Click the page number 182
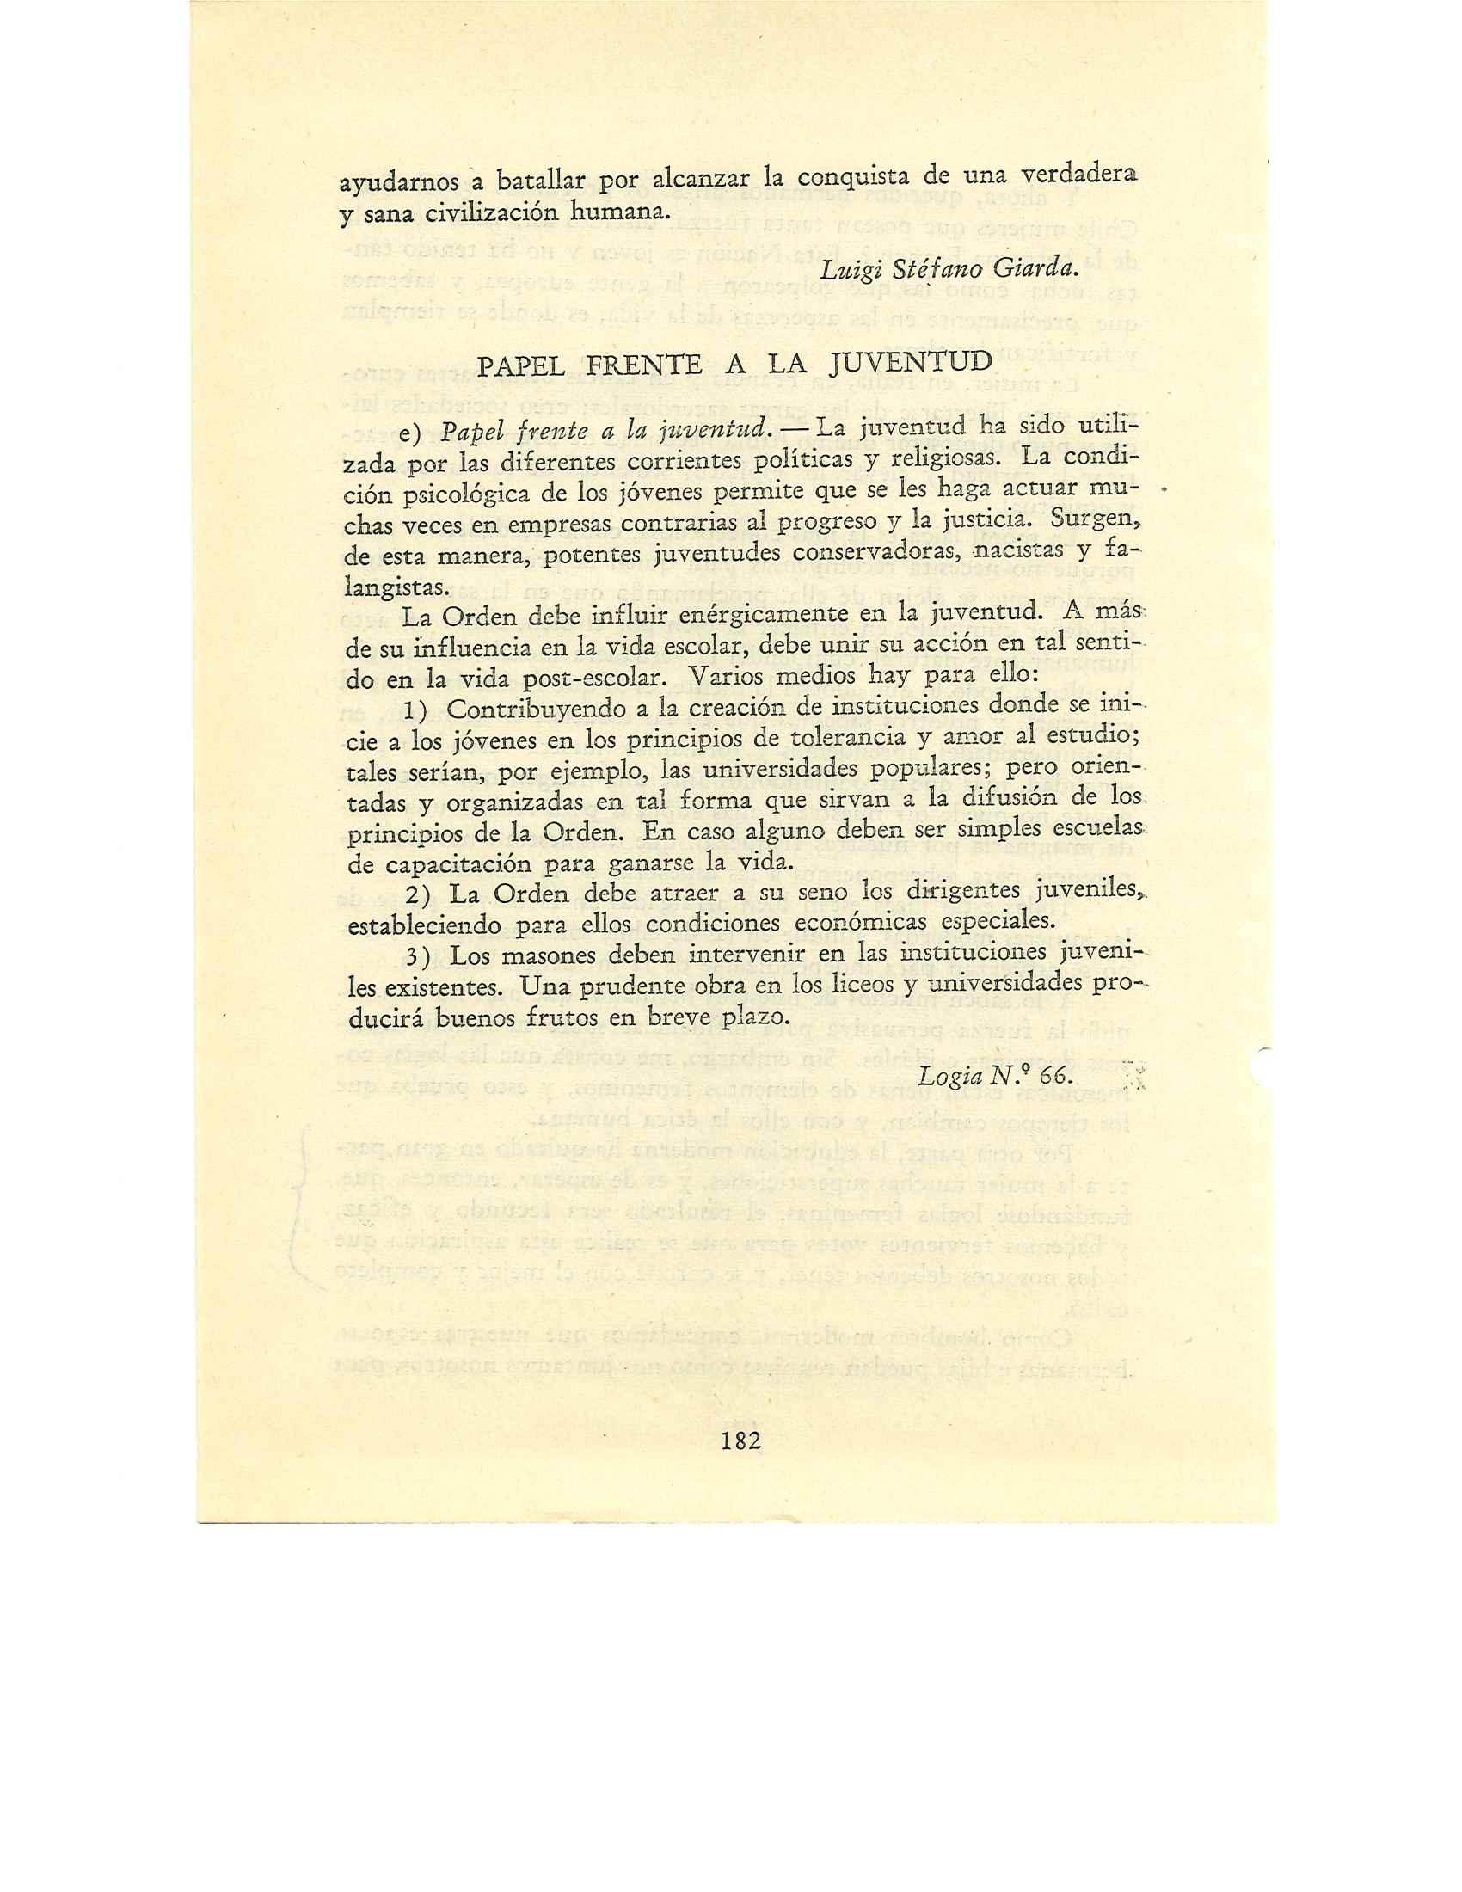[x=740, y=1441]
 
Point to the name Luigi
[x=846, y=270]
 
